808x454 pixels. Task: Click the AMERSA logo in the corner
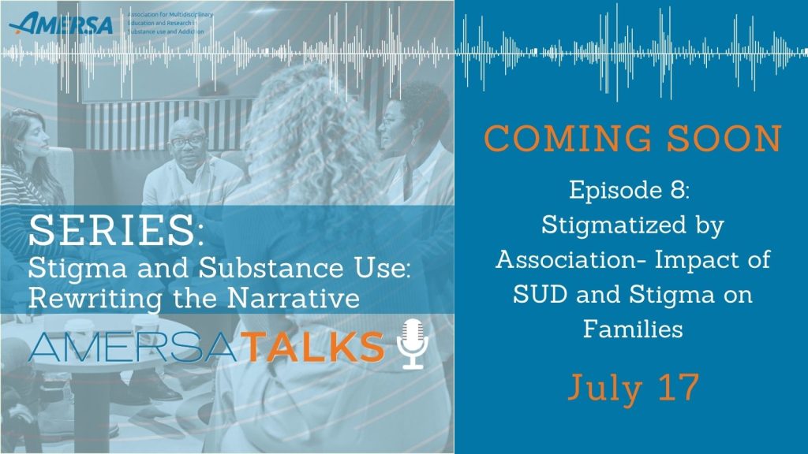[61, 24]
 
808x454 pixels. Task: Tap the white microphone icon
[412, 344]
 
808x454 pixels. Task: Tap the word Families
[633, 329]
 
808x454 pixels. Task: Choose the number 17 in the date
[679, 387]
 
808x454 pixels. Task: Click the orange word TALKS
[315, 347]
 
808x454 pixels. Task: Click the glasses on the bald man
[188, 140]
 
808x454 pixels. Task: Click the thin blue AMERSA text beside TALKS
[133, 347]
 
